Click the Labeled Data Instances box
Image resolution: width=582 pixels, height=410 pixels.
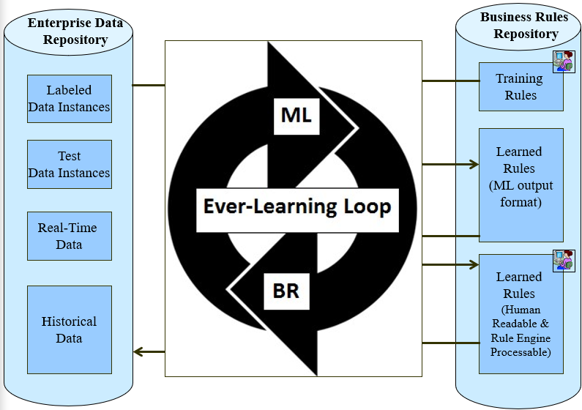[x=69, y=99]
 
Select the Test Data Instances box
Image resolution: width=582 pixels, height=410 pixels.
[x=69, y=165]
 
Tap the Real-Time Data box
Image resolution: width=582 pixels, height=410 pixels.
[x=69, y=236]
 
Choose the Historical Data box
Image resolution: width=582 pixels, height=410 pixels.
[x=69, y=330]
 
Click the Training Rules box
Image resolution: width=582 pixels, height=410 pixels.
[x=520, y=87]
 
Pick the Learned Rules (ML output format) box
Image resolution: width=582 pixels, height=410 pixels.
[x=520, y=184]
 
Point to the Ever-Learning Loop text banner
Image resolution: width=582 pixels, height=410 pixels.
[x=296, y=206]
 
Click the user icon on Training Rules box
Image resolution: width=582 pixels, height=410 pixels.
[x=563, y=61]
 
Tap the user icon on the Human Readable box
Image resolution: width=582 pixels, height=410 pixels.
[x=563, y=260]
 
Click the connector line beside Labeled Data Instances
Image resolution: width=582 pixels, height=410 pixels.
[x=148, y=86]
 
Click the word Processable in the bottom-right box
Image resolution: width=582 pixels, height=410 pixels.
[x=521, y=352]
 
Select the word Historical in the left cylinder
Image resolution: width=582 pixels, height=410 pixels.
[x=69, y=321]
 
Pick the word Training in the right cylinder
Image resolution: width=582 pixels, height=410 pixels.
[x=519, y=78]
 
